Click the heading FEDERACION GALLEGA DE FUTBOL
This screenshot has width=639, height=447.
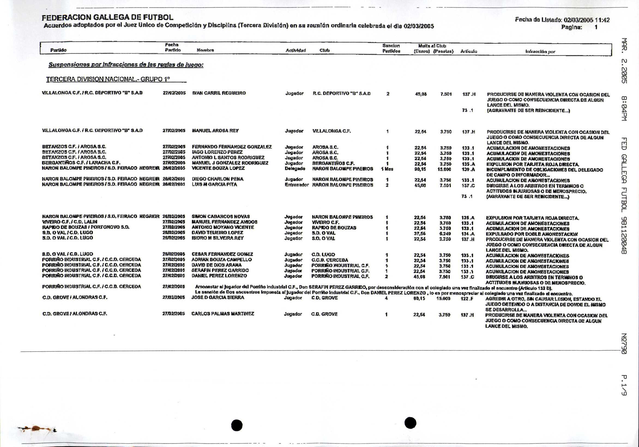[x=107, y=18]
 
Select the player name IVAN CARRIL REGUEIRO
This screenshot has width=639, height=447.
[x=219, y=93]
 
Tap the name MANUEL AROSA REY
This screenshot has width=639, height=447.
[x=215, y=131]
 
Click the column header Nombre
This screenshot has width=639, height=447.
[x=205, y=50]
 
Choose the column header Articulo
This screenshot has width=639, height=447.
[x=469, y=51]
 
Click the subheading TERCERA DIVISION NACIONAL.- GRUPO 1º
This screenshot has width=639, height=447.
[x=108, y=79]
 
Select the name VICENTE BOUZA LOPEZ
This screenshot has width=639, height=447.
[x=218, y=168]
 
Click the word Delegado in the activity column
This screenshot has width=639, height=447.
[x=295, y=169]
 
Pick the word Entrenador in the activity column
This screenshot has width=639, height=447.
[x=296, y=185]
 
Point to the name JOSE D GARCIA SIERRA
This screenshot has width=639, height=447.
[x=218, y=297]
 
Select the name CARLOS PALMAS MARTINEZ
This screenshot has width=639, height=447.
[x=223, y=314]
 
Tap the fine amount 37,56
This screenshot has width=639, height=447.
[x=420, y=234]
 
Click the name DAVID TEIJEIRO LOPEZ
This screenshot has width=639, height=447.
[x=217, y=232]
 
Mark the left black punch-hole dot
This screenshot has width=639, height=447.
[x=237, y=425]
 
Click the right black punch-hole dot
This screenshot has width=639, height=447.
[x=410, y=423]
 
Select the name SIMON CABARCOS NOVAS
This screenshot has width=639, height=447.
[x=221, y=216]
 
